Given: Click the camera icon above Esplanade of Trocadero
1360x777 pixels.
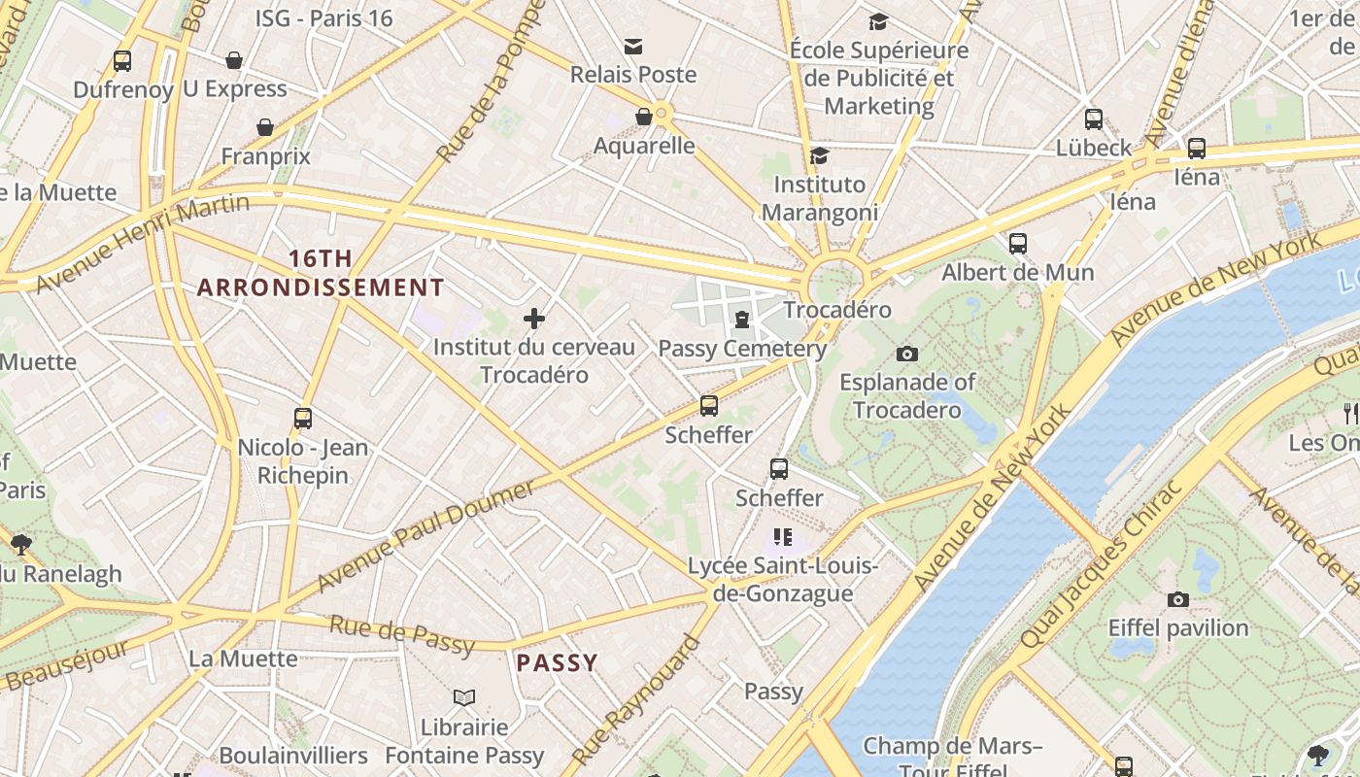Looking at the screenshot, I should tap(907, 354).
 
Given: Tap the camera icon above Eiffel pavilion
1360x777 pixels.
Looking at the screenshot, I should tap(1178, 599).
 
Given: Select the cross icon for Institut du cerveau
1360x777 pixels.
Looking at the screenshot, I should tap(533, 318).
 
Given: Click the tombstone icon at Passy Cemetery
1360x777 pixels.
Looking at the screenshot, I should tap(742, 320).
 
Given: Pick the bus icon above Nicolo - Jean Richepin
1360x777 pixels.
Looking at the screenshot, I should tap(303, 419).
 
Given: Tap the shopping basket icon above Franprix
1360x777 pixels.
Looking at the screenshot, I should tap(264, 127).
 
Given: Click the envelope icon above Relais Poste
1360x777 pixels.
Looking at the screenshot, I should tap(633, 46).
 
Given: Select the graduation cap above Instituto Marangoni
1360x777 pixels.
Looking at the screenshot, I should tap(819, 155).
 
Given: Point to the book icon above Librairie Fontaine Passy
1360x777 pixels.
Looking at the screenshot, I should tap(464, 697).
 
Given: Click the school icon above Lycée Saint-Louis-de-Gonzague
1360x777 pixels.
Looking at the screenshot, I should tap(783, 537).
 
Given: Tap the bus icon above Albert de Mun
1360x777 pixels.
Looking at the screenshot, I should tap(1017, 244).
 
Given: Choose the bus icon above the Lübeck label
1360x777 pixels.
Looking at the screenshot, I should tap(1094, 119).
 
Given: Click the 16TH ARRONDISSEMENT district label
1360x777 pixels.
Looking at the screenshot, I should tap(321, 273).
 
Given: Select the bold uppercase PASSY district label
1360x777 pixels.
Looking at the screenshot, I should tap(557, 663).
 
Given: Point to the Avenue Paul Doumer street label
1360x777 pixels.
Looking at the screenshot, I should tap(425, 534).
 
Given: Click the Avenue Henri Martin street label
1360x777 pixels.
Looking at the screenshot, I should tap(143, 243).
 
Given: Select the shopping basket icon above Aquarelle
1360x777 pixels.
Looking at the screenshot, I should tap(643, 118).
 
